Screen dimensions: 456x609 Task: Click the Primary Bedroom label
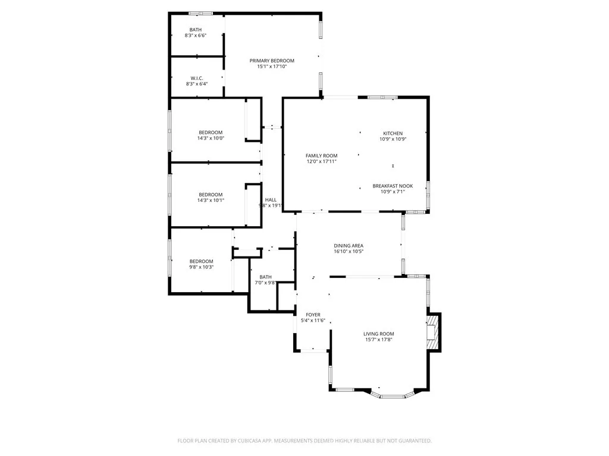pos(272,61)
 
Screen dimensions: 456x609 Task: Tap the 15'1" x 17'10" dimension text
pos(272,67)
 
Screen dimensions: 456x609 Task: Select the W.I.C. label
pos(197,78)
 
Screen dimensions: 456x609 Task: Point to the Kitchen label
pos(393,133)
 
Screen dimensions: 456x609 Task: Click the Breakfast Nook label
pos(393,186)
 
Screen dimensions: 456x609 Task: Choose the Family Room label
pos(321,156)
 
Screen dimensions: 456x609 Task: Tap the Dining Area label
pos(349,245)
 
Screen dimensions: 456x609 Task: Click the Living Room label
pos(379,334)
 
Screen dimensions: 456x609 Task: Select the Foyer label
pos(313,315)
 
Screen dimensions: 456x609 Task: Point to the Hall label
pos(271,199)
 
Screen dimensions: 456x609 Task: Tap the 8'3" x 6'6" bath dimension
pos(196,36)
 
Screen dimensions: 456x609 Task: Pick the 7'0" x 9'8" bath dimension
pos(265,283)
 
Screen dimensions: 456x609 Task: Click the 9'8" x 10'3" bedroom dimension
pos(202,267)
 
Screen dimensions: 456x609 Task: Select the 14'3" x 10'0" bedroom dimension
pos(211,138)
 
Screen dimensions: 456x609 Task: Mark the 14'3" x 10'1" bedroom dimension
pos(211,201)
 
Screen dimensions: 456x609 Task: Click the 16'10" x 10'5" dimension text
pos(349,251)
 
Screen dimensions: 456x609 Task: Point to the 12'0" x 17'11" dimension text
pos(321,161)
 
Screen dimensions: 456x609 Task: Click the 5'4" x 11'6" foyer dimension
pos(313,321)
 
